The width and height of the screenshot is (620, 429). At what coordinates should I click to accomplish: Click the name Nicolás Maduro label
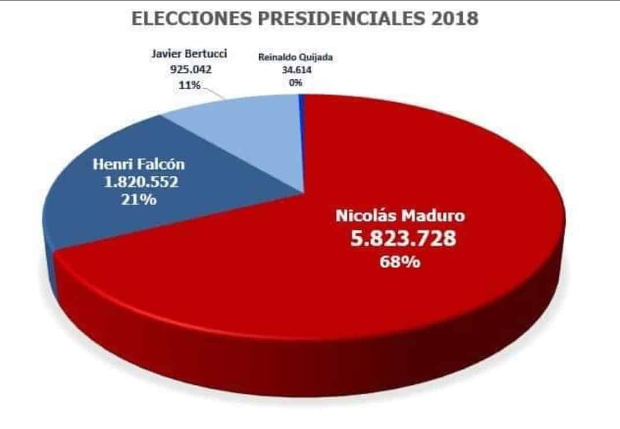(400, 216)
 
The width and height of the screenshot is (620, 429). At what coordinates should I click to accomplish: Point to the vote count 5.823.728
(403, 238)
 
